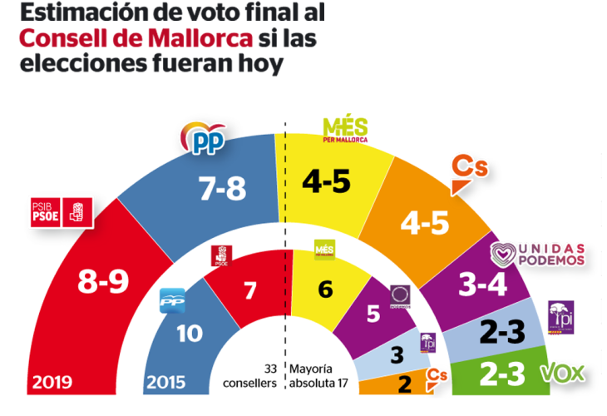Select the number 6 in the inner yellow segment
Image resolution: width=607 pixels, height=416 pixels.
325,290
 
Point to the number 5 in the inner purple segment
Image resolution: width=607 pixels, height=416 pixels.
375,314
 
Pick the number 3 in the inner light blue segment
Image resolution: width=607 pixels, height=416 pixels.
397,354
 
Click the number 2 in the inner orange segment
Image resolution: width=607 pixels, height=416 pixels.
403,384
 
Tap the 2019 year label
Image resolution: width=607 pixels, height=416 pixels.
52,384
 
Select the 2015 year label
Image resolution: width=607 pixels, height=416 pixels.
166,384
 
